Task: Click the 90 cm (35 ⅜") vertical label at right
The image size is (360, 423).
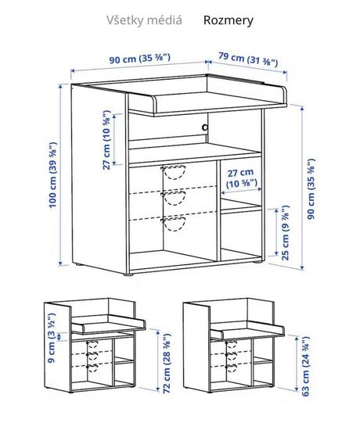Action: click(311, 186)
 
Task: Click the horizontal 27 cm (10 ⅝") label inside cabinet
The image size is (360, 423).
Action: click(240, 178)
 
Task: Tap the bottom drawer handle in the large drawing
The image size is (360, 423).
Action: click(175, 224)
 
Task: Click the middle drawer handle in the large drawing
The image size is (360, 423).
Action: click(175, 198)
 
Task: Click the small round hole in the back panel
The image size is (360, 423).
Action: click(205, 127)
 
